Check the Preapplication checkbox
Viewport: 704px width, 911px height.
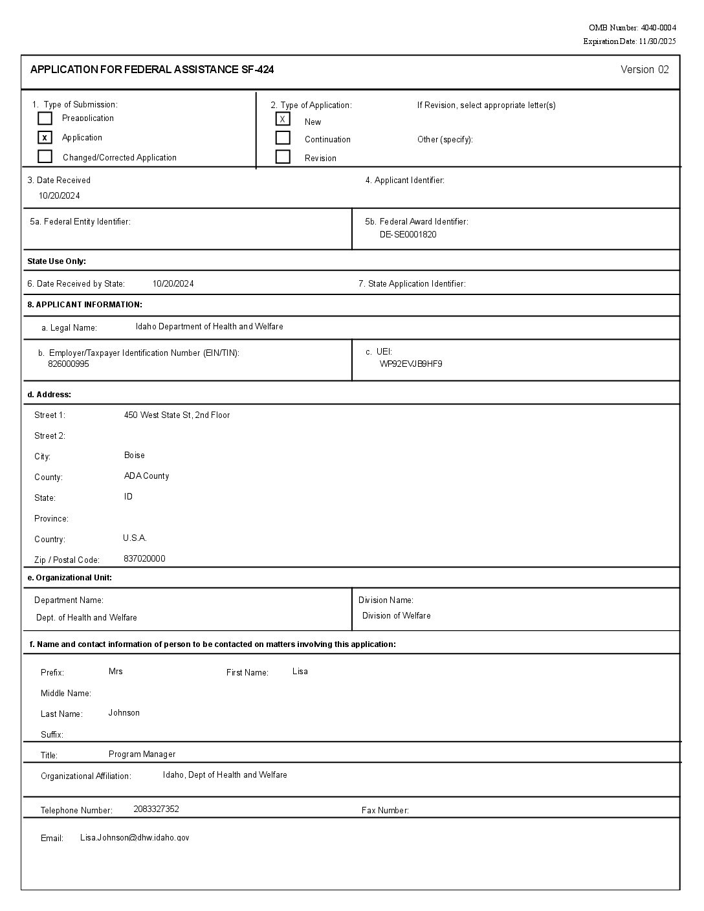(x=45, y=118)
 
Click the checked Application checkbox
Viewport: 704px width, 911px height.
(x=45, y=137)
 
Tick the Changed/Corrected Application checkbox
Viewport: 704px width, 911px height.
(x=45, y=157)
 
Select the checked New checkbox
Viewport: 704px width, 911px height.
(x=283, y=119)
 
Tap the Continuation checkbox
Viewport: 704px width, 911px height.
(x=283, y=138)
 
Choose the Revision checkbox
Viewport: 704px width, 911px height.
(x=283, y=157)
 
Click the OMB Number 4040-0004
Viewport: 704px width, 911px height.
(x=632, y=28)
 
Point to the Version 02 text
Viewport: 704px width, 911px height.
(x=644, y=70)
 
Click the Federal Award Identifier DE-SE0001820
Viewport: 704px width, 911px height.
(x=408, y=235)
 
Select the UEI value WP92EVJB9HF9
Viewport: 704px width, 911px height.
(x=411, y=364)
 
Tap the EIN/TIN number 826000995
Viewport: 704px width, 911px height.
(x=69, y=364)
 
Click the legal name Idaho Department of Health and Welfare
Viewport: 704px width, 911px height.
(x=209, y=327)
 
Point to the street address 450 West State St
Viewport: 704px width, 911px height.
(x=177, y=415)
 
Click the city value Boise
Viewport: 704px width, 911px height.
(x=135, y=455)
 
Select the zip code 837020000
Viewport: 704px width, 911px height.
(x=144, y=559)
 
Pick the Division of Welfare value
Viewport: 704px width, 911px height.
(x=396, y=616)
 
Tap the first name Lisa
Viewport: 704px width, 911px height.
(x=300, y=672)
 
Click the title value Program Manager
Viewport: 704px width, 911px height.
(x=142, y=754)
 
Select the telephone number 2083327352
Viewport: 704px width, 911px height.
(x=156, y=809)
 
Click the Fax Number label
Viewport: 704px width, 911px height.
(x=385, y=811)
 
